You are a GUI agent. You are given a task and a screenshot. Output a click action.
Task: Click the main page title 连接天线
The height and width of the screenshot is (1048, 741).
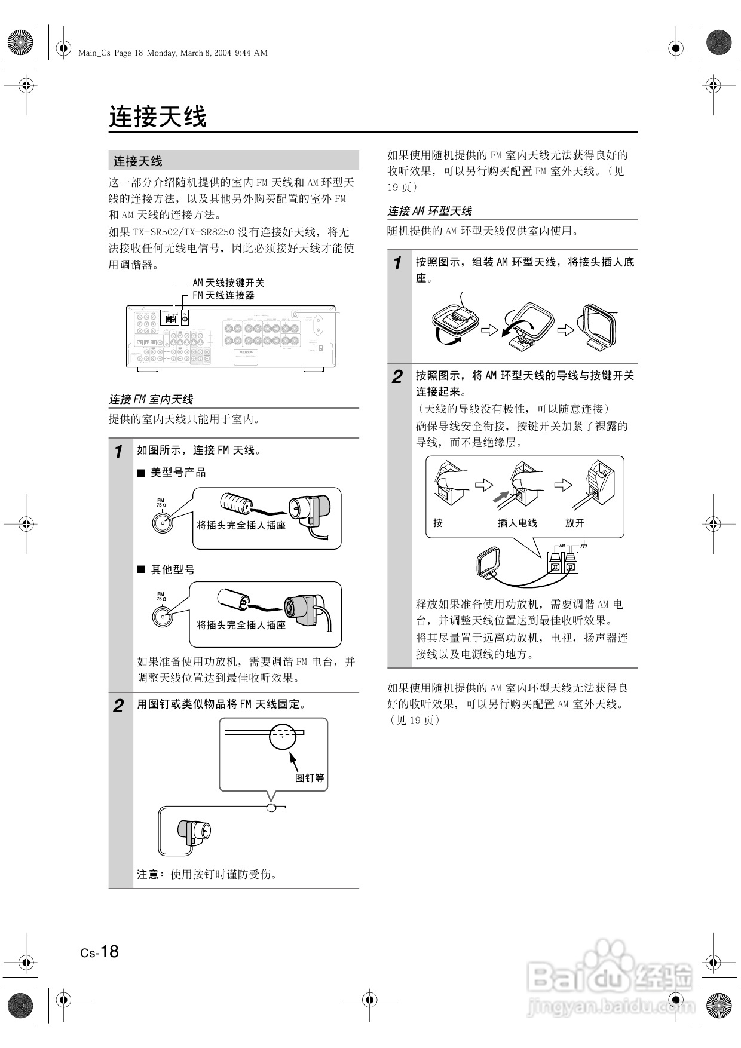(158, 117)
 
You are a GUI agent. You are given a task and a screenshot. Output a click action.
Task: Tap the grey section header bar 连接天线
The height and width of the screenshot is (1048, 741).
(233, 161)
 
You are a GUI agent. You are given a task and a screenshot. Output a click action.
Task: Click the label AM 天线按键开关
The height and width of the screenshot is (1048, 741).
(228, 283)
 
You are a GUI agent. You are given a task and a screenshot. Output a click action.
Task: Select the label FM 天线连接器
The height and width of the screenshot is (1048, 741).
(223, 295)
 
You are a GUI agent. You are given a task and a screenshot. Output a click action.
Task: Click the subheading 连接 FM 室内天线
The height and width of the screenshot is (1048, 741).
(151, 399)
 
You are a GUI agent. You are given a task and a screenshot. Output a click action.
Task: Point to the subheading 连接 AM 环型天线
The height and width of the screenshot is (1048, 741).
(430, 211)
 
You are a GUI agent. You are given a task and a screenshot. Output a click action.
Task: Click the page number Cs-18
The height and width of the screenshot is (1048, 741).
(100, 952)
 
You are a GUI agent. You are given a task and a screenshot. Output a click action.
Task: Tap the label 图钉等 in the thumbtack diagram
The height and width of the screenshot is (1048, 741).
(310, 778)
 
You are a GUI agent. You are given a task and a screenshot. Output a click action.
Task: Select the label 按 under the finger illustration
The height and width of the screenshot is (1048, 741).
(438, 523)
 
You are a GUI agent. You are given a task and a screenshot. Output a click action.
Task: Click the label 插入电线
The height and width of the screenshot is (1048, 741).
(518, 523)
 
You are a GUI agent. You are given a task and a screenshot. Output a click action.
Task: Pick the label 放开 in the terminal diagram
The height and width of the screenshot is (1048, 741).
(574, 523)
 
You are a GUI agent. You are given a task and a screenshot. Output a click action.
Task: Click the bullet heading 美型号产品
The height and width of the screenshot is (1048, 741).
(177, 473)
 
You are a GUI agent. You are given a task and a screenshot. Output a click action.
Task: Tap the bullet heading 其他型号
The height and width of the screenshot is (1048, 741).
(172, 569)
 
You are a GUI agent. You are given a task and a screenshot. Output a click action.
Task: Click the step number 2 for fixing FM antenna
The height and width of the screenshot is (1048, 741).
(119, 706)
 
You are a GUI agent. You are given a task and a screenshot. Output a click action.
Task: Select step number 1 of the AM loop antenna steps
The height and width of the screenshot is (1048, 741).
(397, 263)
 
